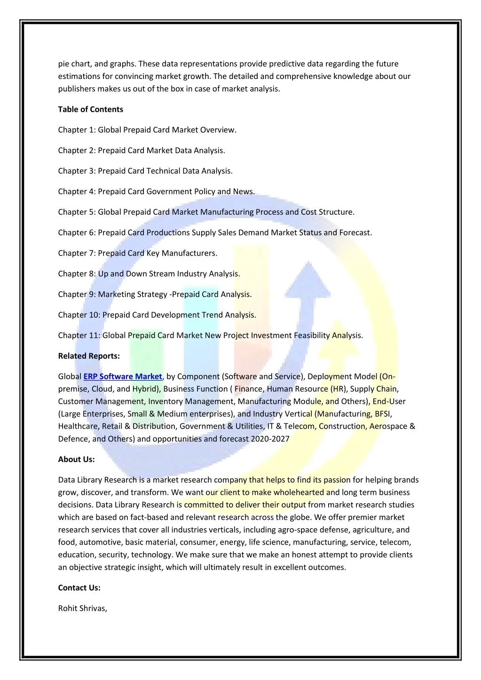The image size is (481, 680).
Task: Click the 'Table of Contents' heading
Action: [90, 109]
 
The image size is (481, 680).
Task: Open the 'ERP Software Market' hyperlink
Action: [123, 376]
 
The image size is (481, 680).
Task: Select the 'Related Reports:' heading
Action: [89, 356]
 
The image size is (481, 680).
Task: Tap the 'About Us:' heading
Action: [76, 459]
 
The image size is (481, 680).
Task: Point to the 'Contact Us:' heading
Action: [79, 587]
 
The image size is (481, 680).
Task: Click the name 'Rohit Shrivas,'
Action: [83, 608]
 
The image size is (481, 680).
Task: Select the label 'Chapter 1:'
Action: [77, 130]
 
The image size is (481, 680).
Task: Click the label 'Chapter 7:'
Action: [77, 253]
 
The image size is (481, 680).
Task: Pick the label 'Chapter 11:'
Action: [79, 335]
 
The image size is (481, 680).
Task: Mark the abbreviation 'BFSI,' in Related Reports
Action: [383, 414]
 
